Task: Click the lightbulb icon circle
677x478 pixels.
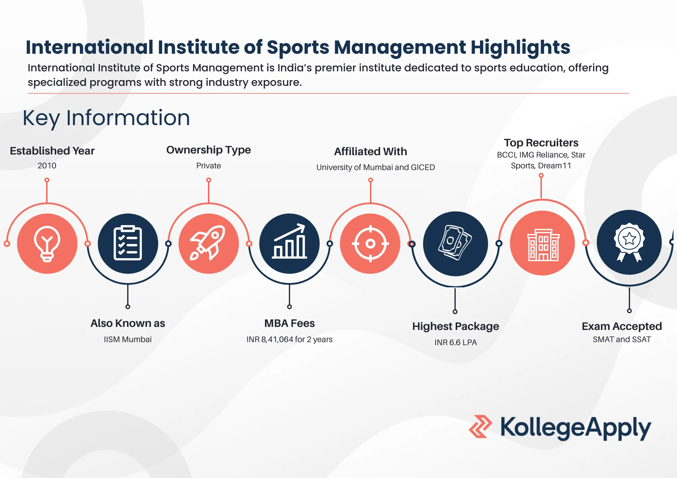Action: click(x=47, y=243)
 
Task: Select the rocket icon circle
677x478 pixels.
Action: click(x=209, y=243)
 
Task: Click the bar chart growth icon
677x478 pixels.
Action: click(x=289, y=241)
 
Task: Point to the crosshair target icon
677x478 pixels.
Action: click(x=370, y=243)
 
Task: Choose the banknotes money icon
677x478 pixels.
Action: click(x=455, y=243)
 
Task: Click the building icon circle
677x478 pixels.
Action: click(x=542, y=243)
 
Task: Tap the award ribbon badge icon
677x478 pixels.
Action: click(x=629, y=242)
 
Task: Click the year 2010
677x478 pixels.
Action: click(x=47, y=166)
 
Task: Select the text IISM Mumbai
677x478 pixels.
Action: click(x=128, y=339)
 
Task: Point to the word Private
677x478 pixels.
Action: click(x=209, y=166)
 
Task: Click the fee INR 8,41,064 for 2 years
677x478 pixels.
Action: click(x=289, y=339)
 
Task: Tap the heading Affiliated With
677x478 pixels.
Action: click(x=371, y=151)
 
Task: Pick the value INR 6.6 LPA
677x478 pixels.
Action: click(x=456, y=342)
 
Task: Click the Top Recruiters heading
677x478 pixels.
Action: click(x=541, y=143)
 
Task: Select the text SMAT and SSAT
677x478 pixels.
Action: click(x=622, y=339)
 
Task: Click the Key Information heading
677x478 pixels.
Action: click(x=106, y=118)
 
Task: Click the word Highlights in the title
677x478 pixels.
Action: click(x=520, y=48)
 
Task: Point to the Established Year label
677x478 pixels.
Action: click(x=52, y=151)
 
